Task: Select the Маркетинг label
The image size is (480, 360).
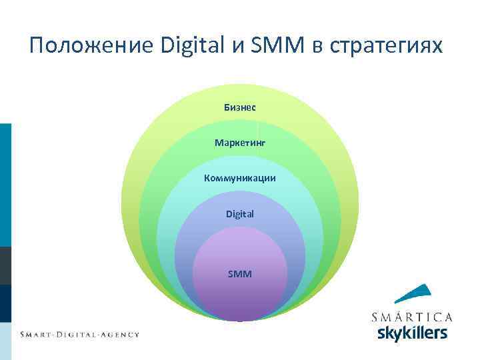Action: tap(240, 143)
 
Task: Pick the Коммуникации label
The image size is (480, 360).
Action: tap(240, 178)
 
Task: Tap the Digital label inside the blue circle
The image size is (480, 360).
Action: tap(240, 214)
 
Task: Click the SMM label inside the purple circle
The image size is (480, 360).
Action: tap(240, 273)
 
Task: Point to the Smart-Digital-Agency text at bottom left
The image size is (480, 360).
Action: tap(79, 334)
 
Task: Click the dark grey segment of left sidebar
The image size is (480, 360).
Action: tap(5, 266)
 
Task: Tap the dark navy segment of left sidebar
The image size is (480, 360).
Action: tap(5, 304)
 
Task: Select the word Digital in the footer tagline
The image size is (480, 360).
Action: tap(81, 334)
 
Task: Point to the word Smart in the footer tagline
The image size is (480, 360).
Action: tap(37, 334)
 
